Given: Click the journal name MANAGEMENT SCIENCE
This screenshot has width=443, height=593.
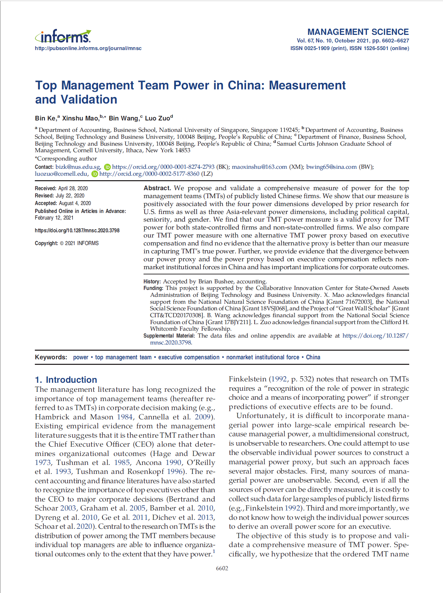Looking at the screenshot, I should (358, 32).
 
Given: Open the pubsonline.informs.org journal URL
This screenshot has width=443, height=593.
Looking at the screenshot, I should (88, 48).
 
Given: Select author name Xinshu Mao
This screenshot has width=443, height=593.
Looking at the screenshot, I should (80, 118).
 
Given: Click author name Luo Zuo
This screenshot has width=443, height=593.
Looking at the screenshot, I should (157, 118).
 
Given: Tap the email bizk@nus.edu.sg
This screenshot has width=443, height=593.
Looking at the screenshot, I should (78, 167).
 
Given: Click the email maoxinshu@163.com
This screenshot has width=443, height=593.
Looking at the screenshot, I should (259, 167).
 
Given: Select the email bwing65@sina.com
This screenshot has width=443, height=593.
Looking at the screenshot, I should (331, 167).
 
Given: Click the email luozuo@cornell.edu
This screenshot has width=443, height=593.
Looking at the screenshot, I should (61, 174).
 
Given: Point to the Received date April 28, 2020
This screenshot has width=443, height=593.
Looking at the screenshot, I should (73, 188).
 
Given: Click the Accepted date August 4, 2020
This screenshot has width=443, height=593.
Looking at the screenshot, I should (75, 203).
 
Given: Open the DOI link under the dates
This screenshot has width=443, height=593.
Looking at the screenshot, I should (77, 231).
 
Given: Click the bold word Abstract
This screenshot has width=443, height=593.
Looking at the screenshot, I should (157, 188).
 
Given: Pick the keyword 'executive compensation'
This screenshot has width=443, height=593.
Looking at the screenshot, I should (189, 357).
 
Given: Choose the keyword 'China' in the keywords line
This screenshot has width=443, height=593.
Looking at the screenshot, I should (313, 357).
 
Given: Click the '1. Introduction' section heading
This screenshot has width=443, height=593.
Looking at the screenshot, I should (66, 380).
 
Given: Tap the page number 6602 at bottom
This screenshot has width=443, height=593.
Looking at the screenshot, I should (222, 568).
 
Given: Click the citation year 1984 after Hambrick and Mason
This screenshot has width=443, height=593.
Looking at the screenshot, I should (125, 417).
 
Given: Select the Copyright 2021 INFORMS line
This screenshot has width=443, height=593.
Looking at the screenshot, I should (67, 243).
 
